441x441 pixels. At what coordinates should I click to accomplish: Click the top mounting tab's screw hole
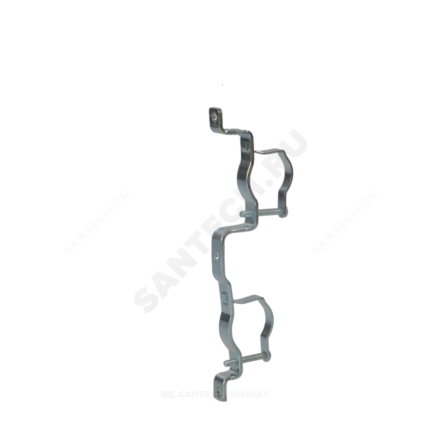pos(214,115)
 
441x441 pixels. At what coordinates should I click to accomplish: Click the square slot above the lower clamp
pos(225,295)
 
